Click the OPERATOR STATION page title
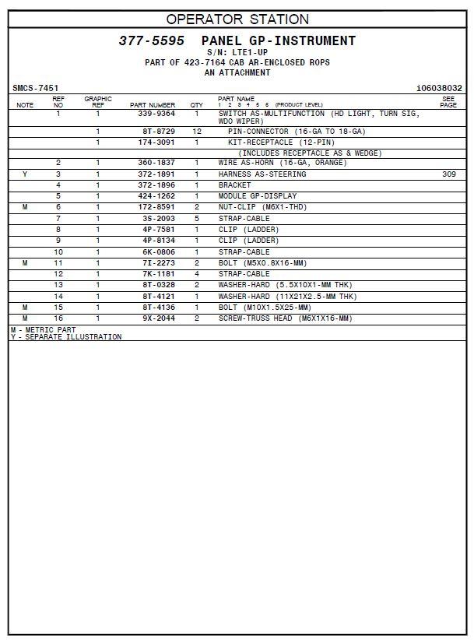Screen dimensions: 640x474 coord(237,19)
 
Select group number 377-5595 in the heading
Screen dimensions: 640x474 coord(151,41)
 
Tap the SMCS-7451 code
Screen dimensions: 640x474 coord(35,89)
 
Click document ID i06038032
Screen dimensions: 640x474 coord(439,89)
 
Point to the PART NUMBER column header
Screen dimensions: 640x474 coord(153,105)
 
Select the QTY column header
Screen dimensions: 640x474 coord(196,105)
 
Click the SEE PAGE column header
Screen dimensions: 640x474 coord(448,102)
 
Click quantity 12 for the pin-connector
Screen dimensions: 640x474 coord(197,132)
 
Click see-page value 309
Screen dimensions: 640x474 coord(449,174)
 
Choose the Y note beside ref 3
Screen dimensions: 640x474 coord(25,174)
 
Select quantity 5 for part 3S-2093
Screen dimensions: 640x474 coord(197,219)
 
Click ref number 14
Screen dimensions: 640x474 coord(58,297)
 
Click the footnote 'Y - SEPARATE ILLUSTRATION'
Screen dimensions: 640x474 coord(66,337)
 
